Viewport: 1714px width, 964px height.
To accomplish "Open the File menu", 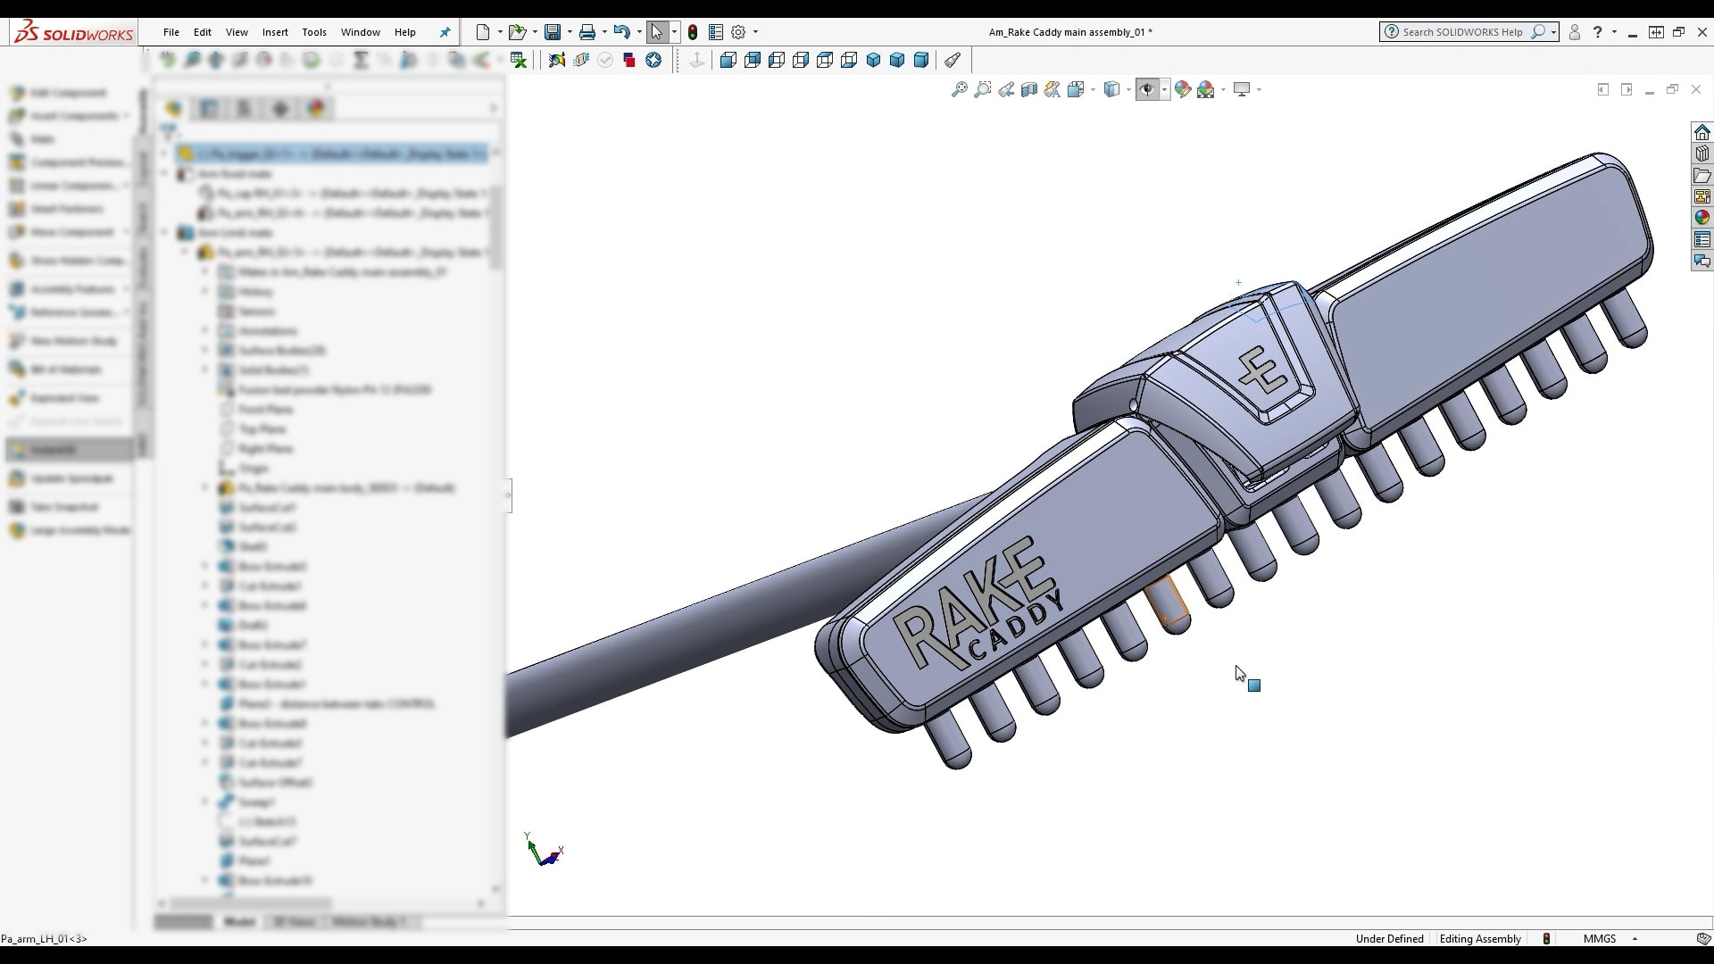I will [171, 32].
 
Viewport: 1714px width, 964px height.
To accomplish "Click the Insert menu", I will [275, 32].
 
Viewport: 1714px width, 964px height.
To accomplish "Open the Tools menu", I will [314, 32].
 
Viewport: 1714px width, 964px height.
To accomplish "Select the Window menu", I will [361, 32].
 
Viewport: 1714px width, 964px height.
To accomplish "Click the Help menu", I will [405, 32].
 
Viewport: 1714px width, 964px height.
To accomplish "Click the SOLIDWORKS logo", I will [74, 33].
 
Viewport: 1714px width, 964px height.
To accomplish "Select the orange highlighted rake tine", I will [1169, 603].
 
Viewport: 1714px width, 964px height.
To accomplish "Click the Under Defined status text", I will [1389, 938].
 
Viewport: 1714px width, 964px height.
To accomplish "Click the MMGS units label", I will [1599, 938].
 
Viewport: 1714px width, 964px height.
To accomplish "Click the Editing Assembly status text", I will [1480, 938].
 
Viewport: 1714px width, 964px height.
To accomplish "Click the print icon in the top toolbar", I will [587, 32].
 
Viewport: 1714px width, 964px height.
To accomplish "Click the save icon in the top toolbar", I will [553, 32].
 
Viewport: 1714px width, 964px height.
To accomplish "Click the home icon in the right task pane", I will [1702, 132].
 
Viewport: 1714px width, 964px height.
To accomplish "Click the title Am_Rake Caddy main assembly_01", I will [1069, 32].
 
